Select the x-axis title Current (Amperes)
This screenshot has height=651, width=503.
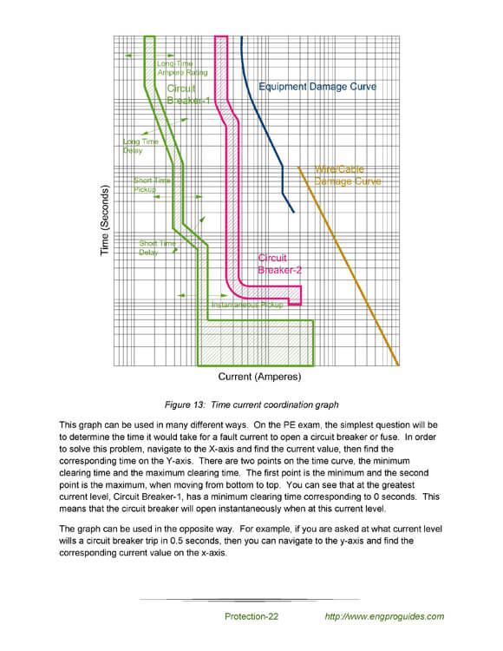click(259, 377)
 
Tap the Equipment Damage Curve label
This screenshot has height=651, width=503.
click(317, 88)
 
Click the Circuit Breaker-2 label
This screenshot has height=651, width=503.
click(279, 264)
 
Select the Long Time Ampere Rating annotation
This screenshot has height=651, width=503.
click(180, 68)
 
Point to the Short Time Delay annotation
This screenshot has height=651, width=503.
click(157, 248)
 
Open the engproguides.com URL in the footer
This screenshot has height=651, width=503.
click(383, 616)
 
